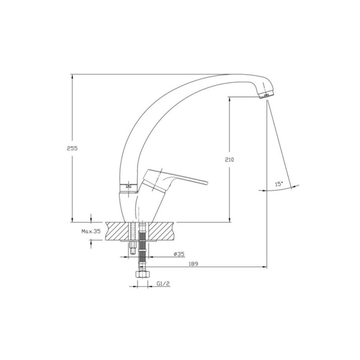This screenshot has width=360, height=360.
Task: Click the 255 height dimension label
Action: click(72, 148)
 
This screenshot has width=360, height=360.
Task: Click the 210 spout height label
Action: click(229, 160)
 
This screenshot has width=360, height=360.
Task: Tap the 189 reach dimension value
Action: click(193, 264)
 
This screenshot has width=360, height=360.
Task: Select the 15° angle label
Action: click(279, 184)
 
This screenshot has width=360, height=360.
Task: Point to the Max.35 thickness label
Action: click(91, 231)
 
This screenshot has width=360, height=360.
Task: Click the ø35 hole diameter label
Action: click(179, 254)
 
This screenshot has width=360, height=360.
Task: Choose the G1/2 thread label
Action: click(163, 284)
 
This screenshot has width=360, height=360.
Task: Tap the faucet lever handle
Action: click(175, 180)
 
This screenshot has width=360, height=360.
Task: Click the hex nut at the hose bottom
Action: click(143, 275)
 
